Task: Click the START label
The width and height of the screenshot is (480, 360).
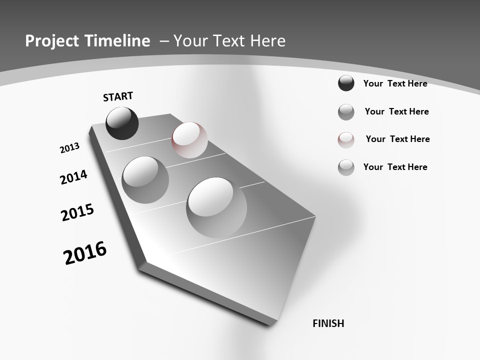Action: (118, 96)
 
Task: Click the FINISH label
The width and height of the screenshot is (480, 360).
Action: (328, 323)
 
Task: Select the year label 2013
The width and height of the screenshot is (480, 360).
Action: (69, 148)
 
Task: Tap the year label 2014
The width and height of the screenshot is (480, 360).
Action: (73, 177)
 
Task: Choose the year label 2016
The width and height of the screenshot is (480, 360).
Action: (85, 253)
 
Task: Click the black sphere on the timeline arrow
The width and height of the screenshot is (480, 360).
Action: (122, 123)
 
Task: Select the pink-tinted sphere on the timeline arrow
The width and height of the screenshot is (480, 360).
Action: (189, 140)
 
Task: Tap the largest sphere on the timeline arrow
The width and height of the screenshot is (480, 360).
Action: (216, 207)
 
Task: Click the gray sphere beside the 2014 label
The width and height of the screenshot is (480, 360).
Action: (145, 179)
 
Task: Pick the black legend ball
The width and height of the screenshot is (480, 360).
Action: (346, 83)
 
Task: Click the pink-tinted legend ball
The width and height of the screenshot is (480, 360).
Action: (346, 139)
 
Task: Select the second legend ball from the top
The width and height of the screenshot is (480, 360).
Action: (346, 112)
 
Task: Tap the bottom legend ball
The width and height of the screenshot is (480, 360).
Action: (346, 167)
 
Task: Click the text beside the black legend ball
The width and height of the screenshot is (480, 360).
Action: (395, 83)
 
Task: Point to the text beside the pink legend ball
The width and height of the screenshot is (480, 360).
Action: (397, 139)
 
